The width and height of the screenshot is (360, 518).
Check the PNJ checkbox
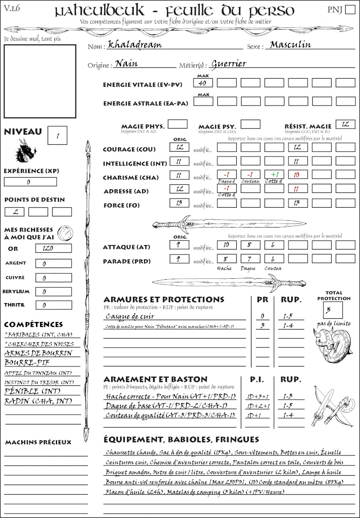(x=349, y=10)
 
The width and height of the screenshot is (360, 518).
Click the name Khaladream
(x=135, y=45)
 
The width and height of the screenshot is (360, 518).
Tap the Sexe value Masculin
(x=290, y=45)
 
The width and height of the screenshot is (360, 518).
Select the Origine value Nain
(x=126, y=64)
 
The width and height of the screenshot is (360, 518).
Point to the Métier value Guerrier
(x=229, y=64)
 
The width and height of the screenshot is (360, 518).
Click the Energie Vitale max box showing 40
(x=203, y=83)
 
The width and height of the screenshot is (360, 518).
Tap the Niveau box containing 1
(x=58, y=135)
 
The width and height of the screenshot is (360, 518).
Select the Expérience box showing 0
(x=30, y=182)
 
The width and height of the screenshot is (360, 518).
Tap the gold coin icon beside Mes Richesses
(x=66, y=232)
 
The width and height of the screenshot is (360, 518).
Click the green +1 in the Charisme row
(x=273, y=175)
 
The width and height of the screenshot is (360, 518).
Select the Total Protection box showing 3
(x=333, y=310)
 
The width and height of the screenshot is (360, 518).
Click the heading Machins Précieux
(x=38, y=442)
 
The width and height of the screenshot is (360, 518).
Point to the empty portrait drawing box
(x=40, y=81)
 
